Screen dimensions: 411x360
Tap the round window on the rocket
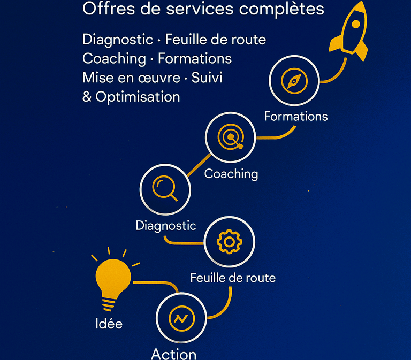click(355, 25)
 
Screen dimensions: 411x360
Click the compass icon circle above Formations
click(294, 81)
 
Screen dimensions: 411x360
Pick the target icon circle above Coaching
click(231, 137)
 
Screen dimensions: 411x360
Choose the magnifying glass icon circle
click(165, 189)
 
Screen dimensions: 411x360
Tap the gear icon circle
click(229, 242)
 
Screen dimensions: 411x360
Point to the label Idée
click(108, 324)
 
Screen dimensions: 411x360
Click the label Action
click(173, 354)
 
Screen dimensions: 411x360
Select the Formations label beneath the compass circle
click(296, 116)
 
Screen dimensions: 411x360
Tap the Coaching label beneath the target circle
click(231, 174)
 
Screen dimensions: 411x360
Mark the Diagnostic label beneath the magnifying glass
click(166, 225)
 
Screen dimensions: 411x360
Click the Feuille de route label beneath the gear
click(233, 278)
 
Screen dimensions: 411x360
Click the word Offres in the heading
click(105, 9)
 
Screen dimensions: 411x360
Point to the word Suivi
click(206, 78)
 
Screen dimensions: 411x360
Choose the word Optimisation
click(138, 97)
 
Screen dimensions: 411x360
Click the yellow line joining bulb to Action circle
click(155, 282)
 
